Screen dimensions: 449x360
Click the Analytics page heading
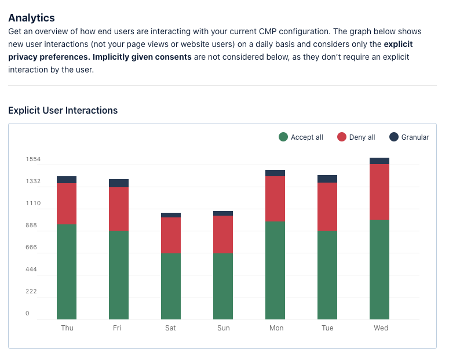[31, 18]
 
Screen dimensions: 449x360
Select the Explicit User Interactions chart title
[63, 110]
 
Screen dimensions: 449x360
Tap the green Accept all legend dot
[283, 137]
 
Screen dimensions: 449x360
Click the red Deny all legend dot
[342, 137]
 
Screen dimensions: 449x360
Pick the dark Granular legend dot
[394, 137]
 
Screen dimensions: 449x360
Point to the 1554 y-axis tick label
[33, 159]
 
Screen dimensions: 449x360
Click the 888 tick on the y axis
[31, 226]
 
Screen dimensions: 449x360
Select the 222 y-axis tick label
[31, 292]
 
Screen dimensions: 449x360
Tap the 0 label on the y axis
[27, 313]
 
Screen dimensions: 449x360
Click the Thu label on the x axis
[67, 328]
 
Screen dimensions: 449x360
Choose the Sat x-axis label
[170, 328]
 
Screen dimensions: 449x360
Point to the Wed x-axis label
[381, 328]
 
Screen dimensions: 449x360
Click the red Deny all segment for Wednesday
[379, 192]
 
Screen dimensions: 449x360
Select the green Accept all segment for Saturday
[171, 286]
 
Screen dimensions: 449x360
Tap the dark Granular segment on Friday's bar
[119, 183]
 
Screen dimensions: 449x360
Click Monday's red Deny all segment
[275, 199]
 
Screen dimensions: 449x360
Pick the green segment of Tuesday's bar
[327, 275]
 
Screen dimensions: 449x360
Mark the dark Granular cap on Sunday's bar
[223, 213]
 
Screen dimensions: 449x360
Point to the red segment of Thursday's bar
[67, 204]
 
